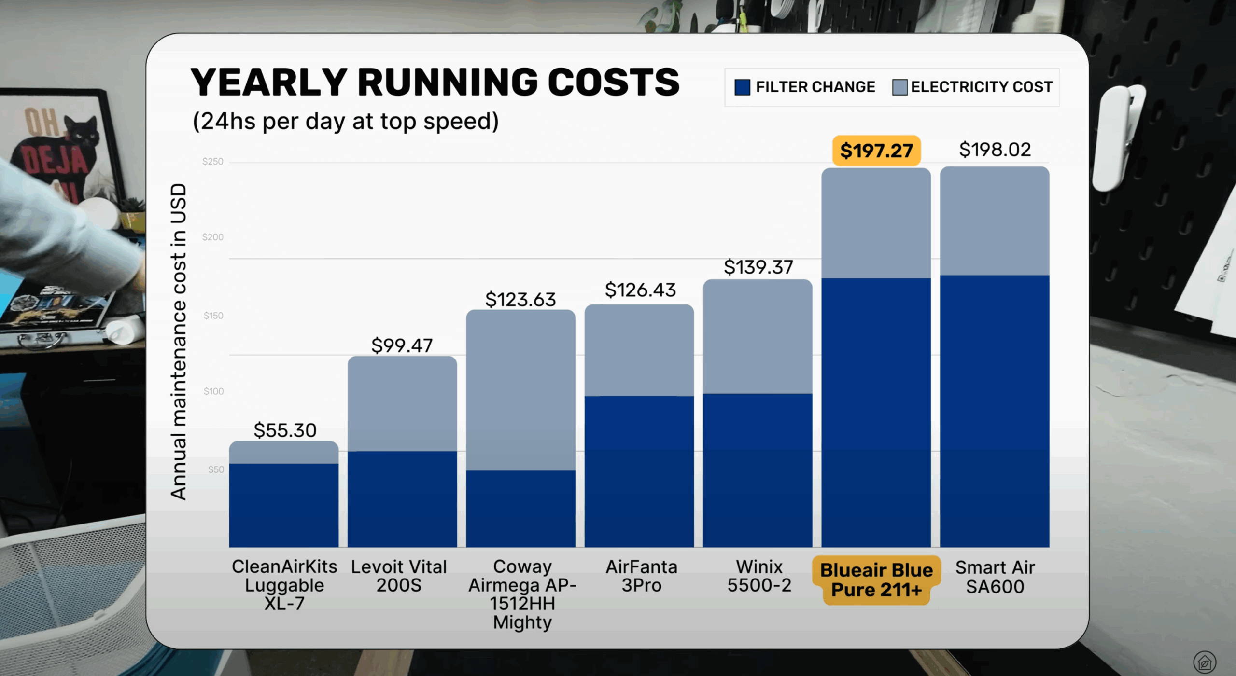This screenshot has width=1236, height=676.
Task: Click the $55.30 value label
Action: [285, 430]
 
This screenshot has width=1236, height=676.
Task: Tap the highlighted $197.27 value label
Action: [876, 151]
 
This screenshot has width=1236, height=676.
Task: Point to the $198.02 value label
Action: [995, 150]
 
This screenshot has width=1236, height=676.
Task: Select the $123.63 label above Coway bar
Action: [520, 300]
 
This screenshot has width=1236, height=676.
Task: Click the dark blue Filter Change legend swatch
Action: [742, 87]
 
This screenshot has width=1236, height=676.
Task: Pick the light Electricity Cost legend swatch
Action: [899, 87]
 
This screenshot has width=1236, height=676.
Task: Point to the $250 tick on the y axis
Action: [212, 162]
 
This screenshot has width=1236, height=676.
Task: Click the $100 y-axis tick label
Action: [213, 391]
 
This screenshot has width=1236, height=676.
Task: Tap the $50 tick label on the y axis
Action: [216, 469]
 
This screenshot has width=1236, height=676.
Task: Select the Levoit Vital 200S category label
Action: [399, 576]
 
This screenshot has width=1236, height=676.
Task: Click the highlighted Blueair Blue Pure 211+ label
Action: [876, 579]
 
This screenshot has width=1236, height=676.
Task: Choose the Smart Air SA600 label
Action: [995, 577]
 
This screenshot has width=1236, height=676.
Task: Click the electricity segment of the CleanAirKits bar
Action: [284, 453]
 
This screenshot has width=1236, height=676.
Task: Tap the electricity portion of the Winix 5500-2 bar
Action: [757, 337]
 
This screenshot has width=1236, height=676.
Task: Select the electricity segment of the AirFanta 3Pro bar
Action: [639, 350]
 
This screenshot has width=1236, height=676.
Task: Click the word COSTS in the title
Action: [613, 83]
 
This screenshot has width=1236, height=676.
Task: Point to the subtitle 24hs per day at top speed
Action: [346, 121]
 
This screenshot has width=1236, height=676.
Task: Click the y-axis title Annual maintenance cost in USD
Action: [178, 341]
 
